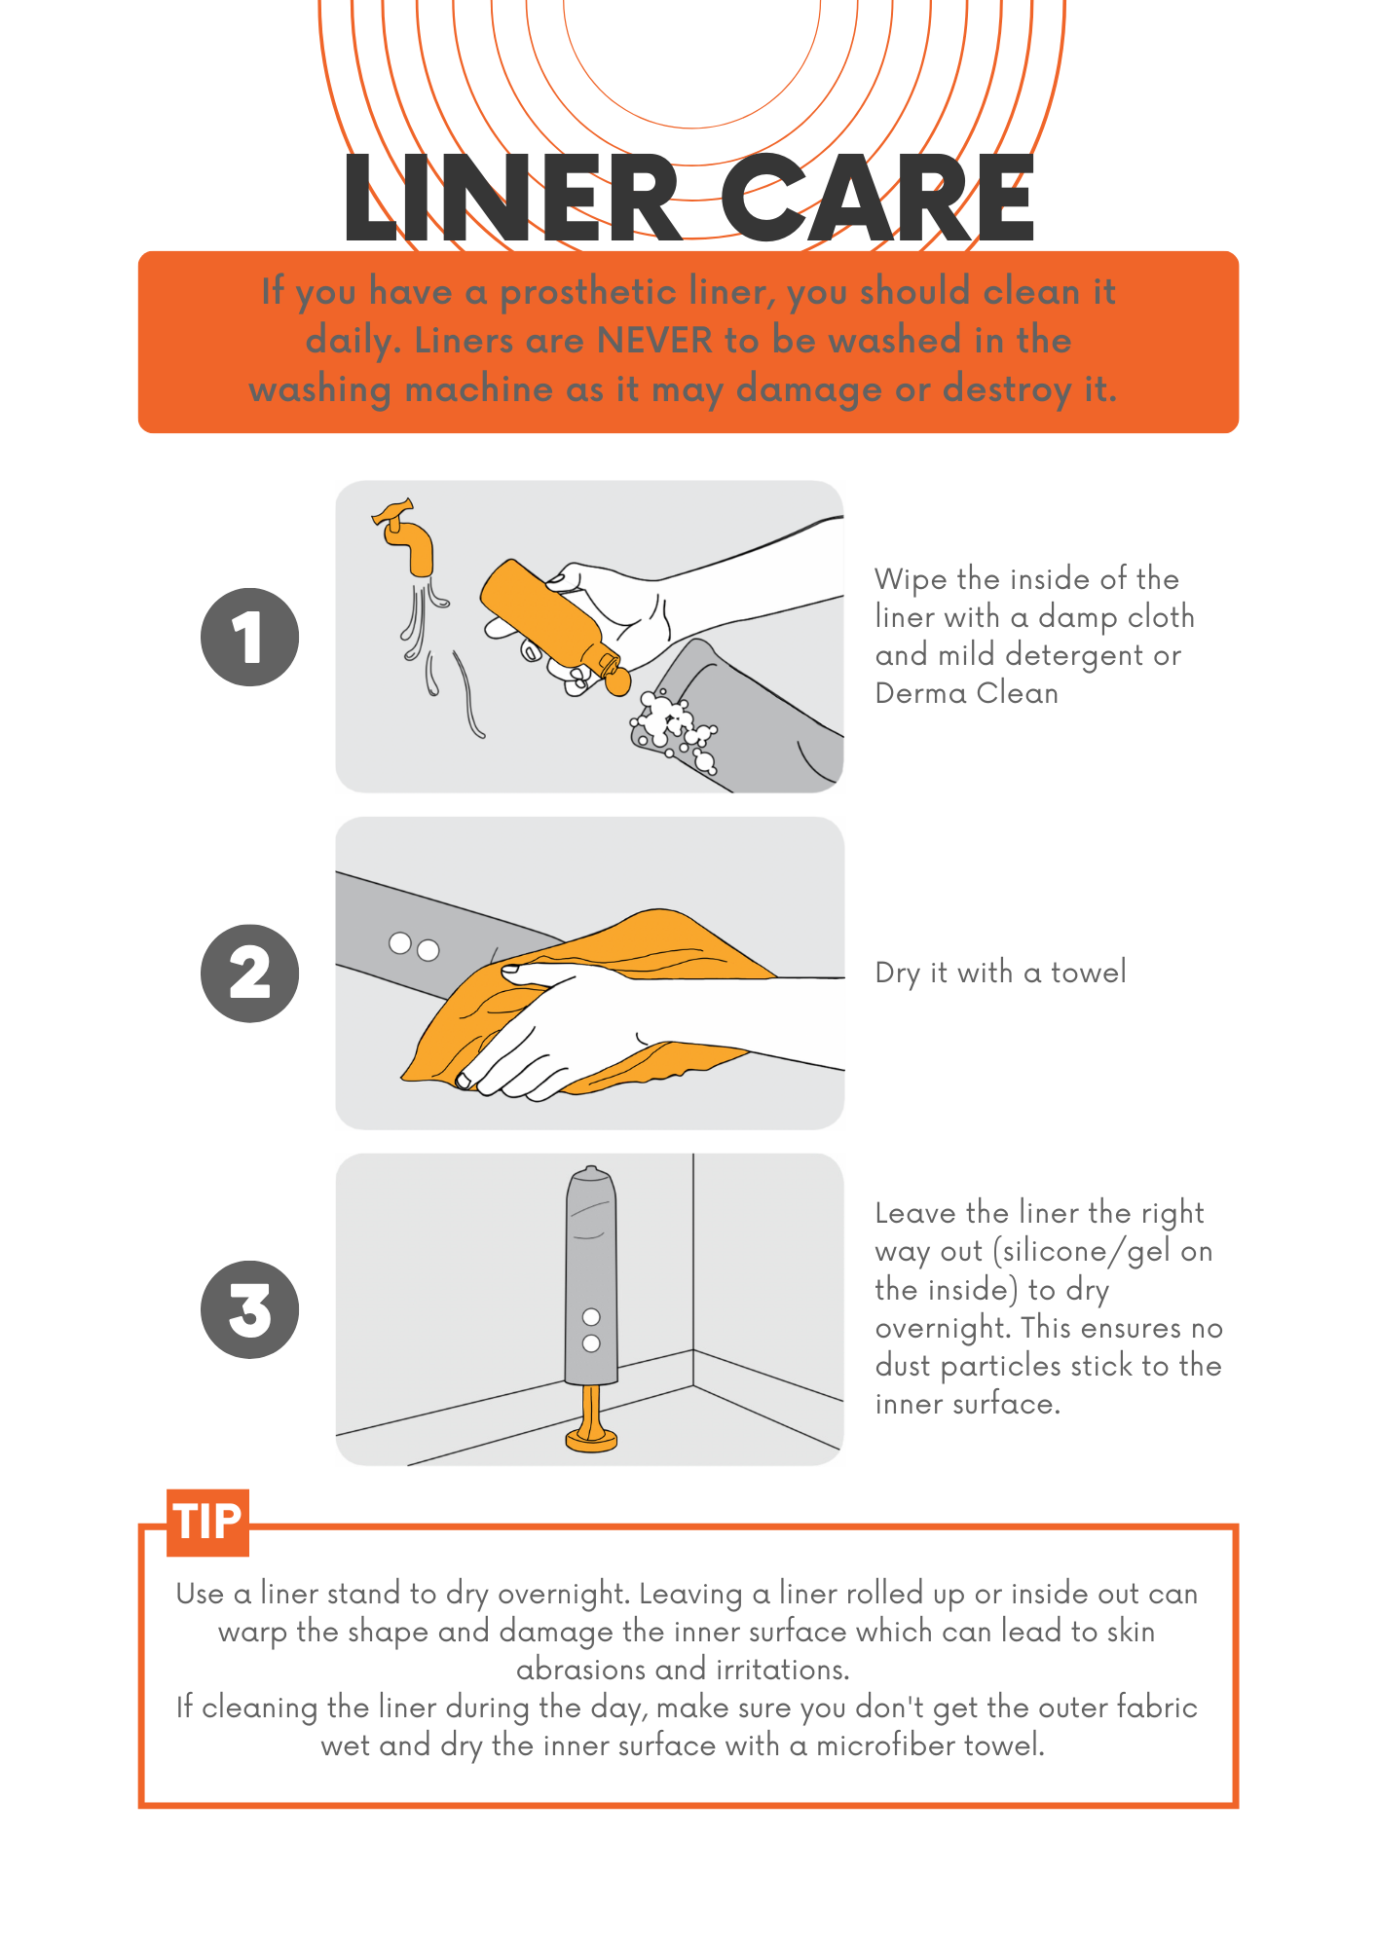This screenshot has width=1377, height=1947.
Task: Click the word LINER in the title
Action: pyautogui.click(x=511, y=199)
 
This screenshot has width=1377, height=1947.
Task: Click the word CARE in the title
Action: pyautogui.click(x=876, y=199)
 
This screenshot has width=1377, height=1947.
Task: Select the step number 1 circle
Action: pyautogui.click(x=249, y=637)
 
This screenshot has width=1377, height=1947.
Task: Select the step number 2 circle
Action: pyautogui.click(x=249, y=973)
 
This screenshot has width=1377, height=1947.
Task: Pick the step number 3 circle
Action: pyautogui.click(x=249, y=1309)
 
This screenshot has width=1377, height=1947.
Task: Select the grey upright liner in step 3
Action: pyautogui.click(x=591, y=1275)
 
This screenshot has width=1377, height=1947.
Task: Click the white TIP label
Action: pyautogui.click(x=207, y=1522)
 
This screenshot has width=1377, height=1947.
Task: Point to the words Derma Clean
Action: pyautogui.click(x=966, y=693)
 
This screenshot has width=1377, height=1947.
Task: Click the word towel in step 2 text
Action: pyautogui.click(x=1088, y=972)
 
